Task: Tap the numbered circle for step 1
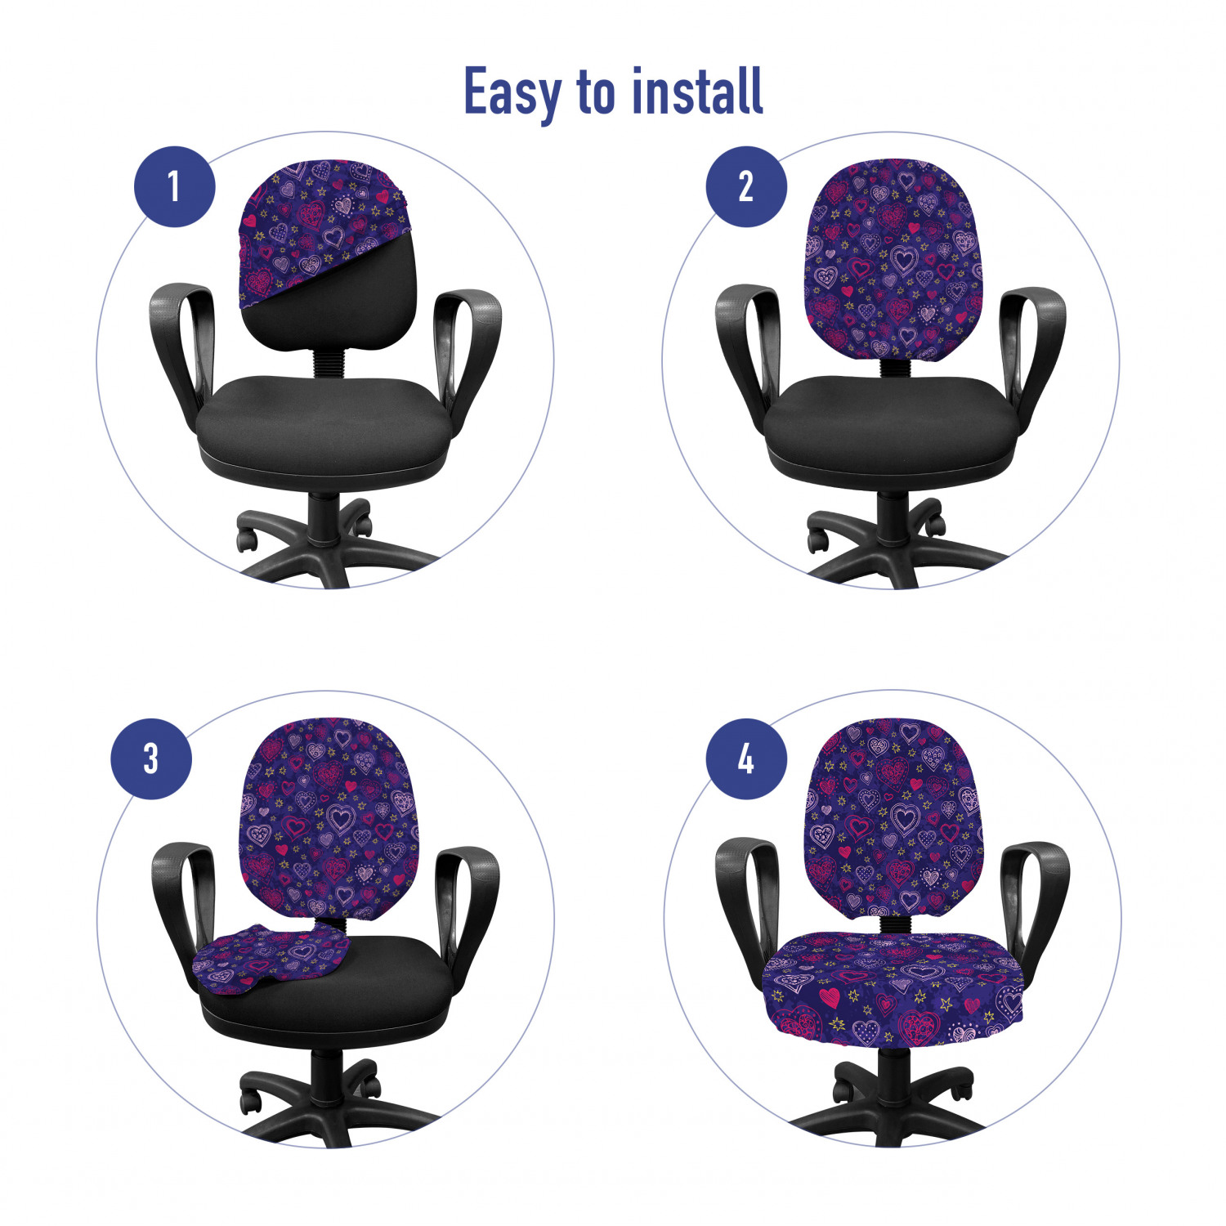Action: (x=174, y=186)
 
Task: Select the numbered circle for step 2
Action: (x=746, y=186)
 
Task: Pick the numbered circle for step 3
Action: (x=151, y=758)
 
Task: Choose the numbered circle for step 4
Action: (x=746, y=758)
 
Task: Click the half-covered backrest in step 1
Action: (x=328, y=255)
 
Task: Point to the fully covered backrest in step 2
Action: (x=893, y=260)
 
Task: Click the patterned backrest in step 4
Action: (x=893, y=817)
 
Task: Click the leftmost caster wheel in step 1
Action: (x=247, y=539)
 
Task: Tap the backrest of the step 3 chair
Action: (x=328, y=817)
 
